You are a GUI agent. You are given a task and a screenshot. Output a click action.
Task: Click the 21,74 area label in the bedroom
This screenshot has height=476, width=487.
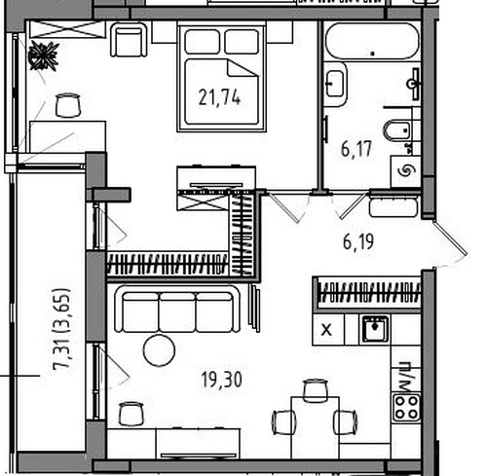(219, 97)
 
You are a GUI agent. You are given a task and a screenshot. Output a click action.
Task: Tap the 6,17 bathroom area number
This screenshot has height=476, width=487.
(356, 149)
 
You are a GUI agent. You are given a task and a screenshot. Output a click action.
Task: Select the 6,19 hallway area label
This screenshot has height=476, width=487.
(358, 241)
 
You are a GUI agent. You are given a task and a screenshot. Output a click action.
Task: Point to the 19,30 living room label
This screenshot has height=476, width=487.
(221, 380)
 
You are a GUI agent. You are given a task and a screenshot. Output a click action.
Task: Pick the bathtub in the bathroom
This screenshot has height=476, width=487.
(372, 41)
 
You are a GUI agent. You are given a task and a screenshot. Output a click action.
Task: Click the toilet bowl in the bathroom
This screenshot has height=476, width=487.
(396, 130)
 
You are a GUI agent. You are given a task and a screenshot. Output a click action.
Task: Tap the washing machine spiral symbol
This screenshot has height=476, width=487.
(406, 171)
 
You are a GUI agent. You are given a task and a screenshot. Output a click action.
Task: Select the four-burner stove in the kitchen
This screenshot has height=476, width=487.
(406, 408)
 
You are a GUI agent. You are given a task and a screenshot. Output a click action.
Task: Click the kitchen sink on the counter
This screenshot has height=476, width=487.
(375, 329)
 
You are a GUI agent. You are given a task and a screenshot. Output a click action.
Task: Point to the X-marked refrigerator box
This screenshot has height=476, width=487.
(327, 329)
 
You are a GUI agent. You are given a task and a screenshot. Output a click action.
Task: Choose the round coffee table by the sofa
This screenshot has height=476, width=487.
(159, 350)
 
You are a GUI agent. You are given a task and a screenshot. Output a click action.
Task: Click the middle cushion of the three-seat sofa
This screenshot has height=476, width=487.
(177, 312)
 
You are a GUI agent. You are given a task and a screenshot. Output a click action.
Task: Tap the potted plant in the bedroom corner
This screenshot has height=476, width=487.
(43, 56)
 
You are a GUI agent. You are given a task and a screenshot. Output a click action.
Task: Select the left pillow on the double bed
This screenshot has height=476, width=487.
(202, 41)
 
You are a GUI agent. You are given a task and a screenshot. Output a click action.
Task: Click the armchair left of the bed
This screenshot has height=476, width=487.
(129, 40)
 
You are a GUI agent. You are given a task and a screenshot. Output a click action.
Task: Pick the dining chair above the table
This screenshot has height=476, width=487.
(315, 390)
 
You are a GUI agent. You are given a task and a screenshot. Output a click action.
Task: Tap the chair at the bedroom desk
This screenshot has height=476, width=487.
(67, 105)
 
